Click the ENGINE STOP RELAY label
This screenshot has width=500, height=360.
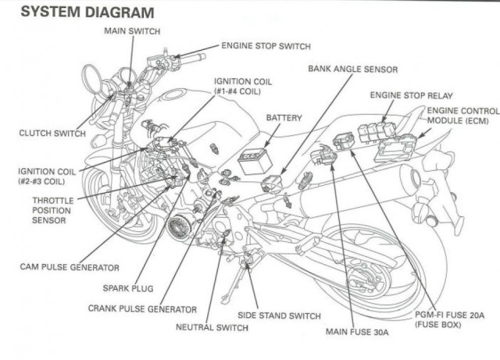(411, 95)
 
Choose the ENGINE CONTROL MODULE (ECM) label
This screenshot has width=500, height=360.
(462, 116)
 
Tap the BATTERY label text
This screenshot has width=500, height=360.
(284, 117)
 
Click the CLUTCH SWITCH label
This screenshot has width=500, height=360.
(52, 133)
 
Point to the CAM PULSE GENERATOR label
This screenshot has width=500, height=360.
(70, 267)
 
